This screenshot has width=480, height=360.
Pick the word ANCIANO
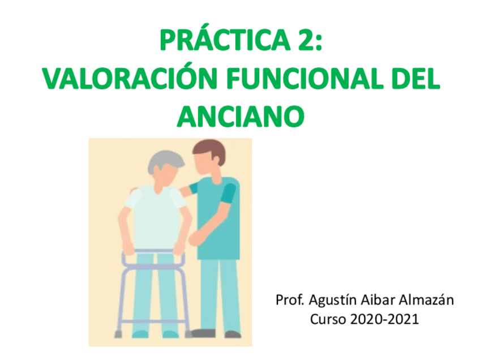coord(241,117)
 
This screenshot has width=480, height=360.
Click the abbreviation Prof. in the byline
coord(288,300)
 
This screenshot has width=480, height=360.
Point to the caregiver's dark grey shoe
coord(202,333)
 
